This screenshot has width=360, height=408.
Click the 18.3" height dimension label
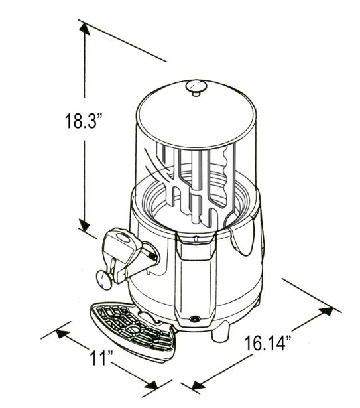84,120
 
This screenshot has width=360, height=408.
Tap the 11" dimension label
101,358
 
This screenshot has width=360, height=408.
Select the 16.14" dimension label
268,344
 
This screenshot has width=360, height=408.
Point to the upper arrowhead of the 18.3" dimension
84,29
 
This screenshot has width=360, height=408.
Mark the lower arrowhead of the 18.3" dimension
84,224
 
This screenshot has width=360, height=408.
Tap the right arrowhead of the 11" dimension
152,385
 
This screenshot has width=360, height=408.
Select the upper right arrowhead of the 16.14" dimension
327,311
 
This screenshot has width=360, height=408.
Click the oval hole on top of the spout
123,238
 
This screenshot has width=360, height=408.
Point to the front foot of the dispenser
221,332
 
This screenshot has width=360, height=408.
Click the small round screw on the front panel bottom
194,318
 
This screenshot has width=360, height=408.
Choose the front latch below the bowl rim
196,245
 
